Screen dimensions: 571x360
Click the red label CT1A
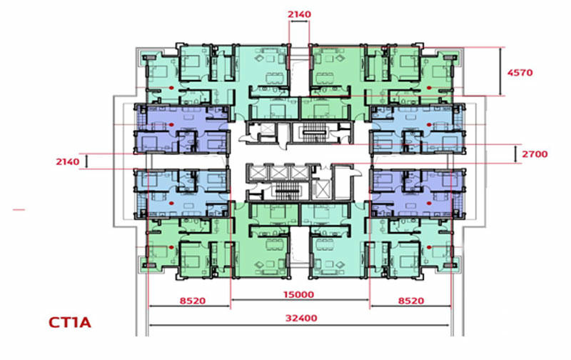point(69,322)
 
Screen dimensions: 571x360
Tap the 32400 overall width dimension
point(301,318)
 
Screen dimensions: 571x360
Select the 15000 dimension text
point(298,294)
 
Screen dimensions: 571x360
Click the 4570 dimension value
point(520,73)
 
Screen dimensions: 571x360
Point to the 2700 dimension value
point(535,154)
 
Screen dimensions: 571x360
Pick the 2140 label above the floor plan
point(299,14)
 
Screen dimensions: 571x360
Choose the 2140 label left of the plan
point(67,161)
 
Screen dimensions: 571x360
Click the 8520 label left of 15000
point(193,301)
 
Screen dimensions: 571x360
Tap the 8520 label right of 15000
point(411,301)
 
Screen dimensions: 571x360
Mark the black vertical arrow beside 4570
point(501,71)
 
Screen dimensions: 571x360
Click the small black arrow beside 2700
point(515,154)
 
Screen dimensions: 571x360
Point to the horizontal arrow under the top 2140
point(299,22)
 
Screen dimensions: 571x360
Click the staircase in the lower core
point(288,191)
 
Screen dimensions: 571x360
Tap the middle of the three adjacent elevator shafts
point(279,172)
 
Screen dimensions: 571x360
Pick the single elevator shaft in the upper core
point(268,129)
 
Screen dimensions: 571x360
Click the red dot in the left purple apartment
point(171,124)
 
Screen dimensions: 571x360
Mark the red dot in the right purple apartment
point(429,204)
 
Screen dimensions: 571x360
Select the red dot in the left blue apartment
point(172,204)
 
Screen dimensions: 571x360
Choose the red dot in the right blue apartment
point(429,124)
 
